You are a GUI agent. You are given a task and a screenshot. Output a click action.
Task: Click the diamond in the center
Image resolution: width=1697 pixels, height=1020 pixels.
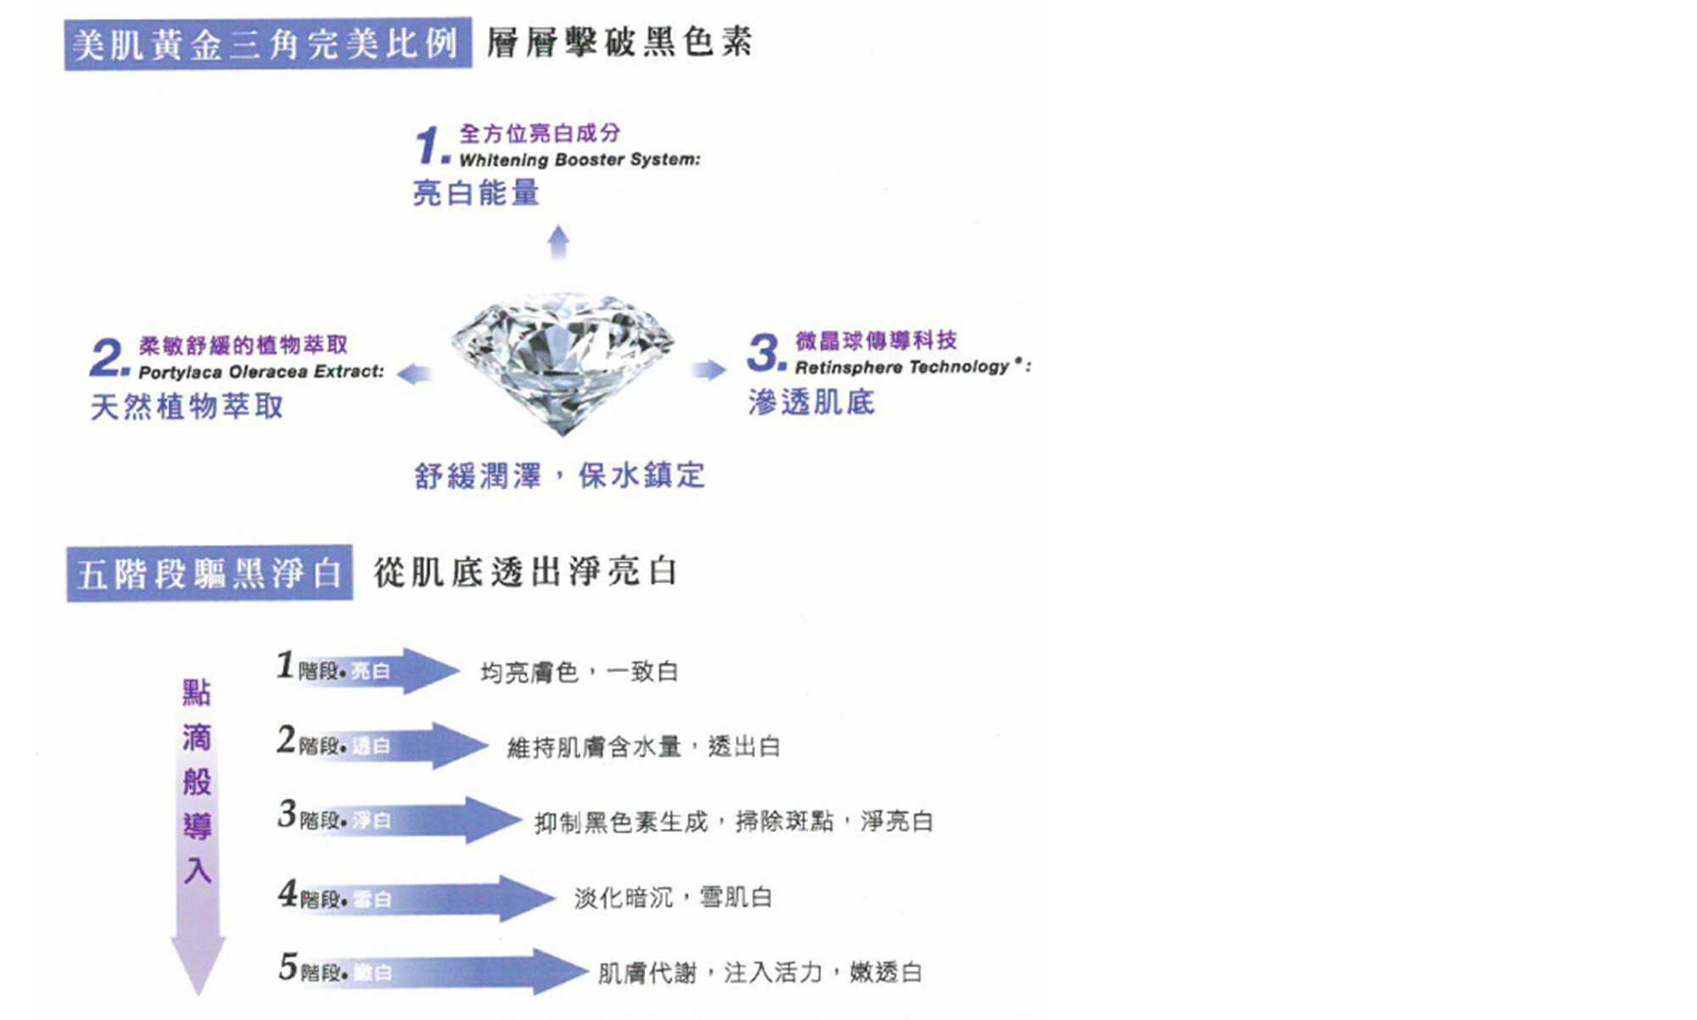click(562, 360)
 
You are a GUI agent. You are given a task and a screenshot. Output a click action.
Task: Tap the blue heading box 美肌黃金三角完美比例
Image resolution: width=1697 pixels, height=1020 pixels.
click(267, 44)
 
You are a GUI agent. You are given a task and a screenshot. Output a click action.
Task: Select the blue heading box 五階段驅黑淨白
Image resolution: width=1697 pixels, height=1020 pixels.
click(209, 574)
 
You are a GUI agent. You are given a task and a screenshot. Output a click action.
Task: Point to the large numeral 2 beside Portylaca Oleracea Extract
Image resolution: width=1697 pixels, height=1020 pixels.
click(108, 357)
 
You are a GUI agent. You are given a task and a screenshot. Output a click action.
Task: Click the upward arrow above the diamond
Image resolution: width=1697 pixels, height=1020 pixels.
click(558, 241)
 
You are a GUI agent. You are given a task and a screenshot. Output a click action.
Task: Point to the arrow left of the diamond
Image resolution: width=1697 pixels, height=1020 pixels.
click(415, 373)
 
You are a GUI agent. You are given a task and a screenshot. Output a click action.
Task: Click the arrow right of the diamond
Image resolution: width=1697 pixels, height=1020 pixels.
click(709, 369)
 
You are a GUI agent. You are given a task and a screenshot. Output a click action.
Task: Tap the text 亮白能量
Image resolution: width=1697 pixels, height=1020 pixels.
click(475, 193)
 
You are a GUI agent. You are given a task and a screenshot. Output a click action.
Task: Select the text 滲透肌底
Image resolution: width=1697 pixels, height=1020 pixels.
click(811, 402)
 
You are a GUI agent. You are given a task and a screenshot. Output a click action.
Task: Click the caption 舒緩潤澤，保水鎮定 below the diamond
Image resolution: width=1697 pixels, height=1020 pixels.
click(559, 475)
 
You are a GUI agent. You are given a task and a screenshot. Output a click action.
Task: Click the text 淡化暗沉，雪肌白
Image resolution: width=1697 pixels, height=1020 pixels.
click(673, 897)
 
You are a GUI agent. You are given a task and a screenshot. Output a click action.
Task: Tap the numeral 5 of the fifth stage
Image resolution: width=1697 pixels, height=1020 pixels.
click(288, 967)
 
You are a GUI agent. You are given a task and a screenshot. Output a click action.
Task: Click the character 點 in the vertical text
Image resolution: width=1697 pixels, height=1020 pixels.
click(197, 692)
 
